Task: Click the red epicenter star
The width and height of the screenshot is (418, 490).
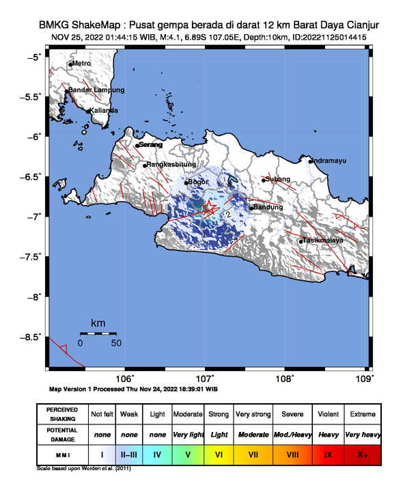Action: (x=209, y=208)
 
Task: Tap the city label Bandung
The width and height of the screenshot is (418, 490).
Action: (x=268, y=207)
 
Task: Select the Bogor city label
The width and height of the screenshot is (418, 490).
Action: (x=198, y=182)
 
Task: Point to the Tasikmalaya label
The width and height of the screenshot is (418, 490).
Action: (x=323, y=241)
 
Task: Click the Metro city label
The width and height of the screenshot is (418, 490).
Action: (x=81, y=64)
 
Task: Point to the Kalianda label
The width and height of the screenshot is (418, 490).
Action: (x=103, y=110)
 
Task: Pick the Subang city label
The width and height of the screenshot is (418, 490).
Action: (x=279, y=179)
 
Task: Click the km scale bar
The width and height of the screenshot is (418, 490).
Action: (x=98, y=333)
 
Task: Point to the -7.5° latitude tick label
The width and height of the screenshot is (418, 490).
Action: (x=32, y=256)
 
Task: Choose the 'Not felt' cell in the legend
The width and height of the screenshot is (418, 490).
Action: (x=102, y=414)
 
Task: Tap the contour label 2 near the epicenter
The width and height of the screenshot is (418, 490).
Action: (x=228, y=215)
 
